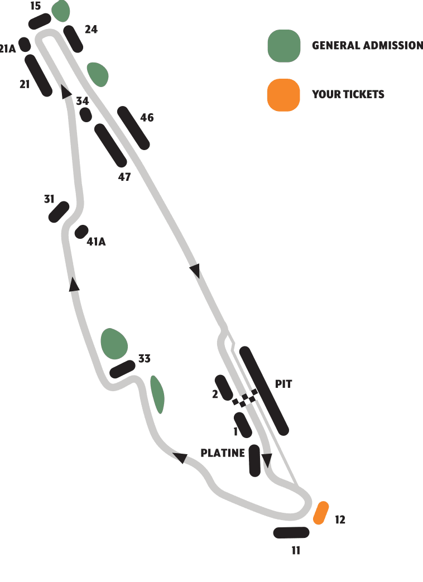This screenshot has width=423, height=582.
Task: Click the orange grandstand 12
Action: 321,513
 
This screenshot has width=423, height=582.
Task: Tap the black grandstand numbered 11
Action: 291,533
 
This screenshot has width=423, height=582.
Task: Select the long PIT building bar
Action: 264,391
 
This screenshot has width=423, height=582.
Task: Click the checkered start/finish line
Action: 245,398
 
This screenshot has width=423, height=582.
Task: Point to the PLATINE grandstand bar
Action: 254,460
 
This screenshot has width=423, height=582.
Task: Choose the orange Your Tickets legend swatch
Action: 283,95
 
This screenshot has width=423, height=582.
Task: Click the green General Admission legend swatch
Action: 284,46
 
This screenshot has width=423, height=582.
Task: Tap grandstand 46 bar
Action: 133,128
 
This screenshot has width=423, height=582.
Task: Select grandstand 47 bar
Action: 110,145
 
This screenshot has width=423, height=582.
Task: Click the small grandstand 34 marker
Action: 86,115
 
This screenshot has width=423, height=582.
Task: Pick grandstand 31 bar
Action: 59,212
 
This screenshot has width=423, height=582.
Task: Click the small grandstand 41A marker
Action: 81,232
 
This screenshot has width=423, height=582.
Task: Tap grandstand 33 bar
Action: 122,369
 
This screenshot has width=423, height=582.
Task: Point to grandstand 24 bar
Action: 73,39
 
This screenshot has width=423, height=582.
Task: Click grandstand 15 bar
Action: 40,21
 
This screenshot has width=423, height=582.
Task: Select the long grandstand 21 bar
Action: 39,76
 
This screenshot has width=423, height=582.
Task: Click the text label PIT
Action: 283,384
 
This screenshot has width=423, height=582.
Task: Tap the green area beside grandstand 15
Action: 61,11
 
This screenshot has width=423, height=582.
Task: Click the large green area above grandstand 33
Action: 114,344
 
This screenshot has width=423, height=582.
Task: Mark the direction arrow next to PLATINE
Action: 267,460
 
